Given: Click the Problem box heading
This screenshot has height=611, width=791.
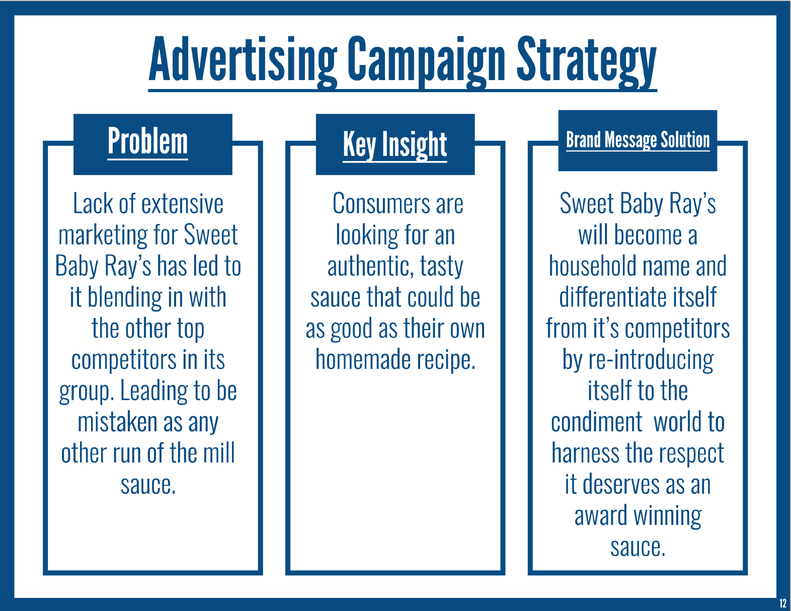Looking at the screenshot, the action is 148,141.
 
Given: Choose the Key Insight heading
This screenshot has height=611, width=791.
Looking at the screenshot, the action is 395,144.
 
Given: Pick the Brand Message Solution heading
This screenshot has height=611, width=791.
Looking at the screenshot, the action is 638,140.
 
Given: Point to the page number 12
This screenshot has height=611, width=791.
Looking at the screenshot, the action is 782,602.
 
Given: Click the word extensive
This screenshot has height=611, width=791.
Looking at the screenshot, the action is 182,204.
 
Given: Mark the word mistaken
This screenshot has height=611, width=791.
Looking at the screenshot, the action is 117,422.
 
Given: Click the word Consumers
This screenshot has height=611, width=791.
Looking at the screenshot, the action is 381,204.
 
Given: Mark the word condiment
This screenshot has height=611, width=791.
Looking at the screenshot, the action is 597,422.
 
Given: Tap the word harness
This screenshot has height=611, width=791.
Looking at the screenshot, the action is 585,453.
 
